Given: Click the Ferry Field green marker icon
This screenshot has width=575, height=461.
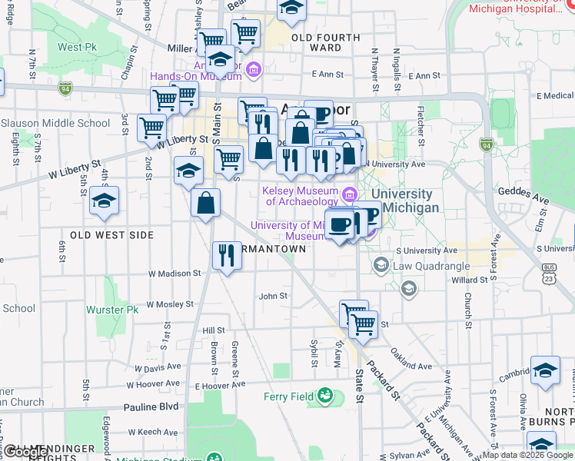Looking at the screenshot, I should (327, 396).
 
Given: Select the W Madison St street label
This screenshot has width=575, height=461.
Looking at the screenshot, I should (174, 273).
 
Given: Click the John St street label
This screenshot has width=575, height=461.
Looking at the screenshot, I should (273, 296).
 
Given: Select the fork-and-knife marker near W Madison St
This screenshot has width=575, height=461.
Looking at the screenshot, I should (226, 255).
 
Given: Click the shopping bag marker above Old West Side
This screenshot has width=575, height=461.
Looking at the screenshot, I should (206, 204).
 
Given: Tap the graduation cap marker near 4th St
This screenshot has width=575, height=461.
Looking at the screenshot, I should (104, 201).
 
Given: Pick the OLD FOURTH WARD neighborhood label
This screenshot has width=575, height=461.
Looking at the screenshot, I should (325, 42).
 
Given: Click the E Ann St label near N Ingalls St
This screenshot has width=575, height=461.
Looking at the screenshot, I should (424, 75).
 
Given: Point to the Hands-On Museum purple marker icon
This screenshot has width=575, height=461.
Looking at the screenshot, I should (255, 70).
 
